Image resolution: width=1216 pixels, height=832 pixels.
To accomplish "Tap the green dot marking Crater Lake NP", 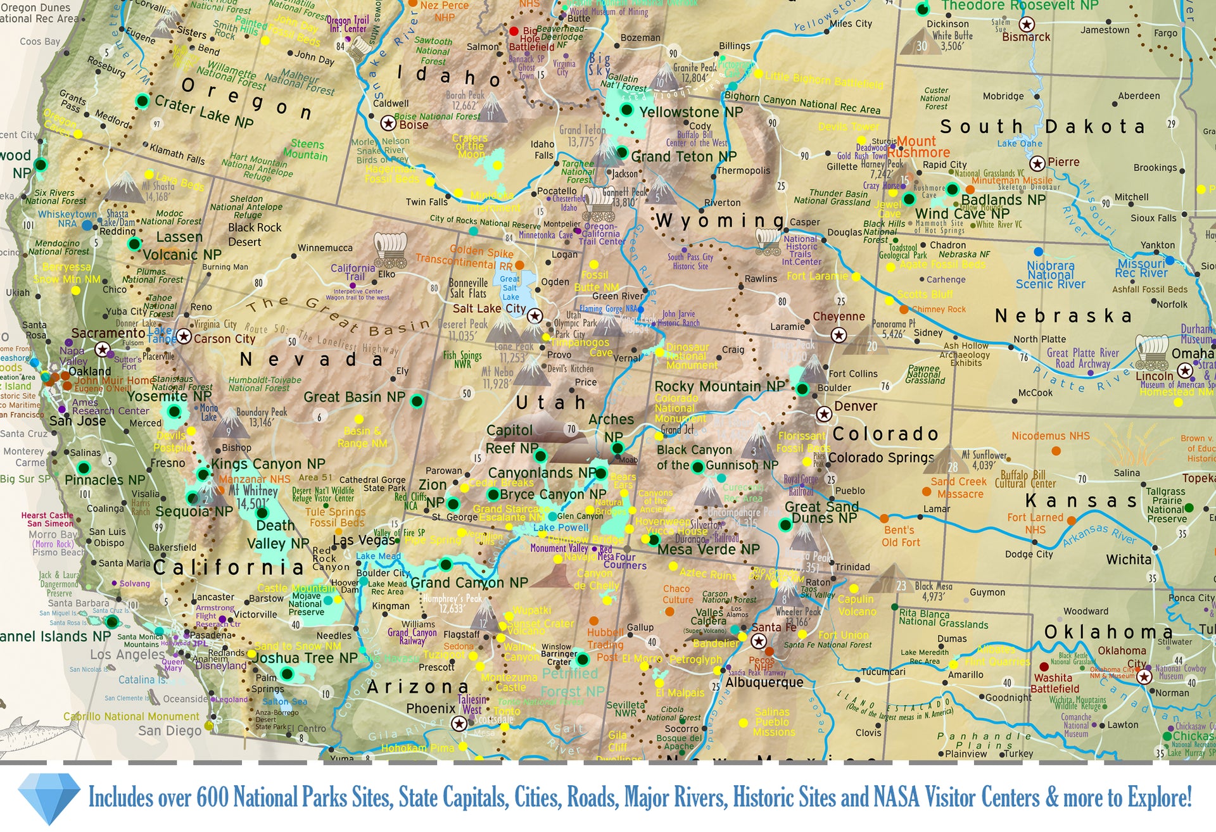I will pos(142,101).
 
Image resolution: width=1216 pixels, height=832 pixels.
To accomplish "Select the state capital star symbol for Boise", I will pos(388,123).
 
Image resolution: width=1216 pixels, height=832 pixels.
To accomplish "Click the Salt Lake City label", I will pos(488,308).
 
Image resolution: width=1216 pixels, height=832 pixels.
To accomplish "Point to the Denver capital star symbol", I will pos(823,414).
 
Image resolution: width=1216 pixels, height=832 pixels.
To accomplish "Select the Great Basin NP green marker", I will pos(417,401).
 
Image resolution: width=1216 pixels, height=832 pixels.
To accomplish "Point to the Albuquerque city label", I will pos(764,683).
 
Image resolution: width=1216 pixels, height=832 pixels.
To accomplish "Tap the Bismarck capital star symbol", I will pos(1026,25).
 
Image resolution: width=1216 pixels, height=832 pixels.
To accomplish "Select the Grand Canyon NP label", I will pos(469,583).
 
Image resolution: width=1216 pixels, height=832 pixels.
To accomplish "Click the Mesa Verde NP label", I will pos(707,550).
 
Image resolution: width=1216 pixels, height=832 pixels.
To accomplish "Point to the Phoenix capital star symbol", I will pos(459,723).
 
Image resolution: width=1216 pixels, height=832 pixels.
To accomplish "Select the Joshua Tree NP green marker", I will pos(287,674).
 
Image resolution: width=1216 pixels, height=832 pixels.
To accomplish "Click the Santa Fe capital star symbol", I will pos(758,641).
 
